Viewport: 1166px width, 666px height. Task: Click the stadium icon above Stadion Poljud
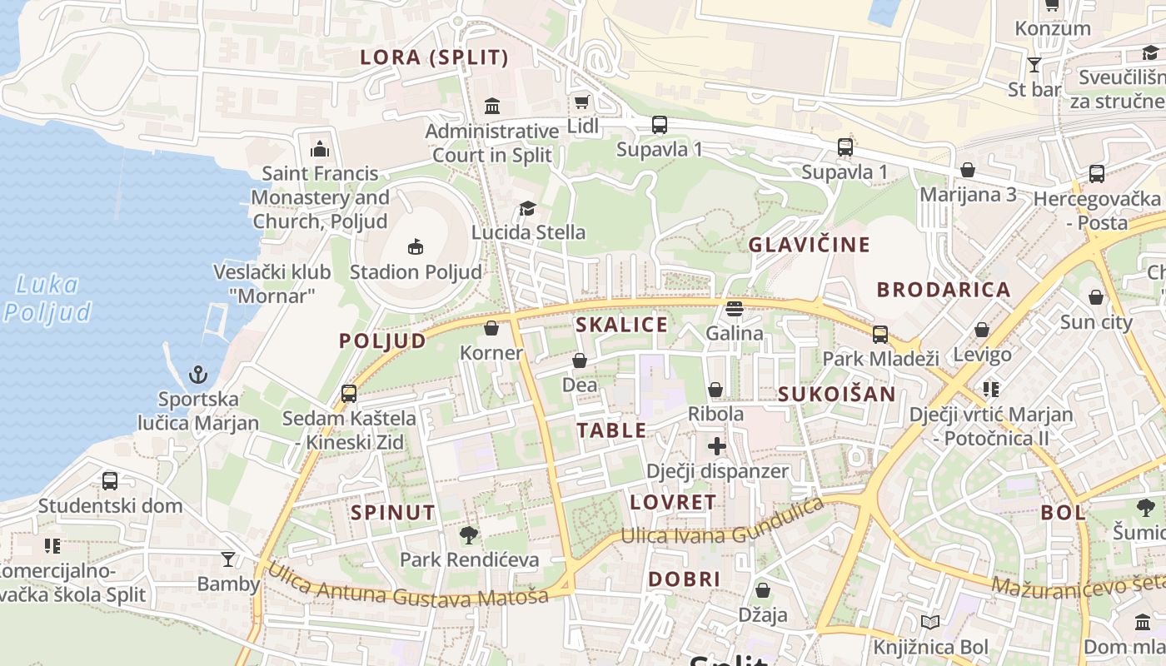coord(415,246)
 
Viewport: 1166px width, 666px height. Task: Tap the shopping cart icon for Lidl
coord(581,102)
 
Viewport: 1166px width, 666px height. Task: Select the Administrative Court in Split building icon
coord(492,106)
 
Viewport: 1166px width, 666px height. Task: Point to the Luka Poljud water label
coord(47,298)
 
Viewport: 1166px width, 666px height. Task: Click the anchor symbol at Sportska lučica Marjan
coord(198,374)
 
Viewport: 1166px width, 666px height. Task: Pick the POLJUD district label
coord(382,340)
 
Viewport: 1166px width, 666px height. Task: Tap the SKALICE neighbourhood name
coord(622,325)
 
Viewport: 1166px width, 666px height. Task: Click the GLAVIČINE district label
coord(809,245)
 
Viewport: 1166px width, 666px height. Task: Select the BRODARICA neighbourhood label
coord(944,290)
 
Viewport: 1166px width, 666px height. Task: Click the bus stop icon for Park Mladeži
coord(880,335)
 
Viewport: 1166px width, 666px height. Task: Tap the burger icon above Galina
coord(734,309)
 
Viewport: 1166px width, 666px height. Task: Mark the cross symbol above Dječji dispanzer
coord(717,446)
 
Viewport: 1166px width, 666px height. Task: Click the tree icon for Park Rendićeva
coord(469,534)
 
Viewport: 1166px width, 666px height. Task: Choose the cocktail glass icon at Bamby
coord(228,559)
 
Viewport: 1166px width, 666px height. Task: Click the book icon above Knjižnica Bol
coord(930,622)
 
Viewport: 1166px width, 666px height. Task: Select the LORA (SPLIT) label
coord(434,57)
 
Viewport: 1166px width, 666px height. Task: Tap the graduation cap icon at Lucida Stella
coord(527,208)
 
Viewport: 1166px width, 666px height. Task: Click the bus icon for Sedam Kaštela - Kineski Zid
coord(349,393)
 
